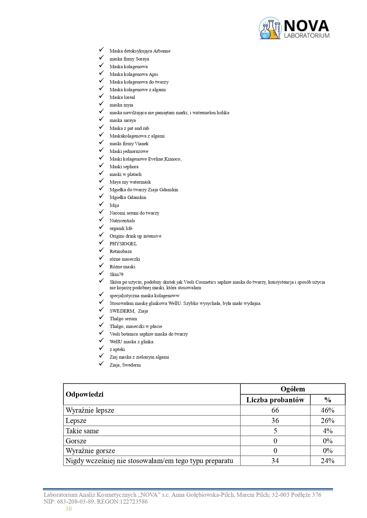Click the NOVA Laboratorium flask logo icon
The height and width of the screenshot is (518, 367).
(x=270, y=29)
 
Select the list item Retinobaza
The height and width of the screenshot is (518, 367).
(x=121, y=251)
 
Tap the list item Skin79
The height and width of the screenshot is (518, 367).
(x=116, y=274)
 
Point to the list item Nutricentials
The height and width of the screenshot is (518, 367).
(x=122, y=221)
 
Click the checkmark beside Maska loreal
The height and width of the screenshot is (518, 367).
(x=102, y=96)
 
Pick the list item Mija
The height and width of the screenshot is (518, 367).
(x=114, y=205)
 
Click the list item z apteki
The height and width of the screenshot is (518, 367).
(x=117, y=349)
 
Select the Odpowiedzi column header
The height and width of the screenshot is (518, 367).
(x=85, y=394)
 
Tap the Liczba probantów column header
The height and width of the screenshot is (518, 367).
(x=275, y=400)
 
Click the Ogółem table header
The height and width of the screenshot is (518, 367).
(x=292, y=389)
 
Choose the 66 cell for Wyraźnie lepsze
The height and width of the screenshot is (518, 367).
(x=275, y=410)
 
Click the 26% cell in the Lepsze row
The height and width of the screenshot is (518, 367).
(x=327, y=421)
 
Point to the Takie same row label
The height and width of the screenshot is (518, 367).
(x=82, y=431)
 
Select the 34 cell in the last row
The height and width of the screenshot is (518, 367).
(x=275, y=461)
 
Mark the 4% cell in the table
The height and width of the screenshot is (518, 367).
(x=327, y=431)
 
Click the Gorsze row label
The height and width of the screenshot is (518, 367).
(x=76, y=441)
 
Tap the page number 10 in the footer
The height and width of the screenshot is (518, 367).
(x=69, y=509)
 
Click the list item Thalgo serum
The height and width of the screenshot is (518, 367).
(x=123, y=319)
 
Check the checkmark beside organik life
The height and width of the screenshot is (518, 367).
(x=102, y=227)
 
